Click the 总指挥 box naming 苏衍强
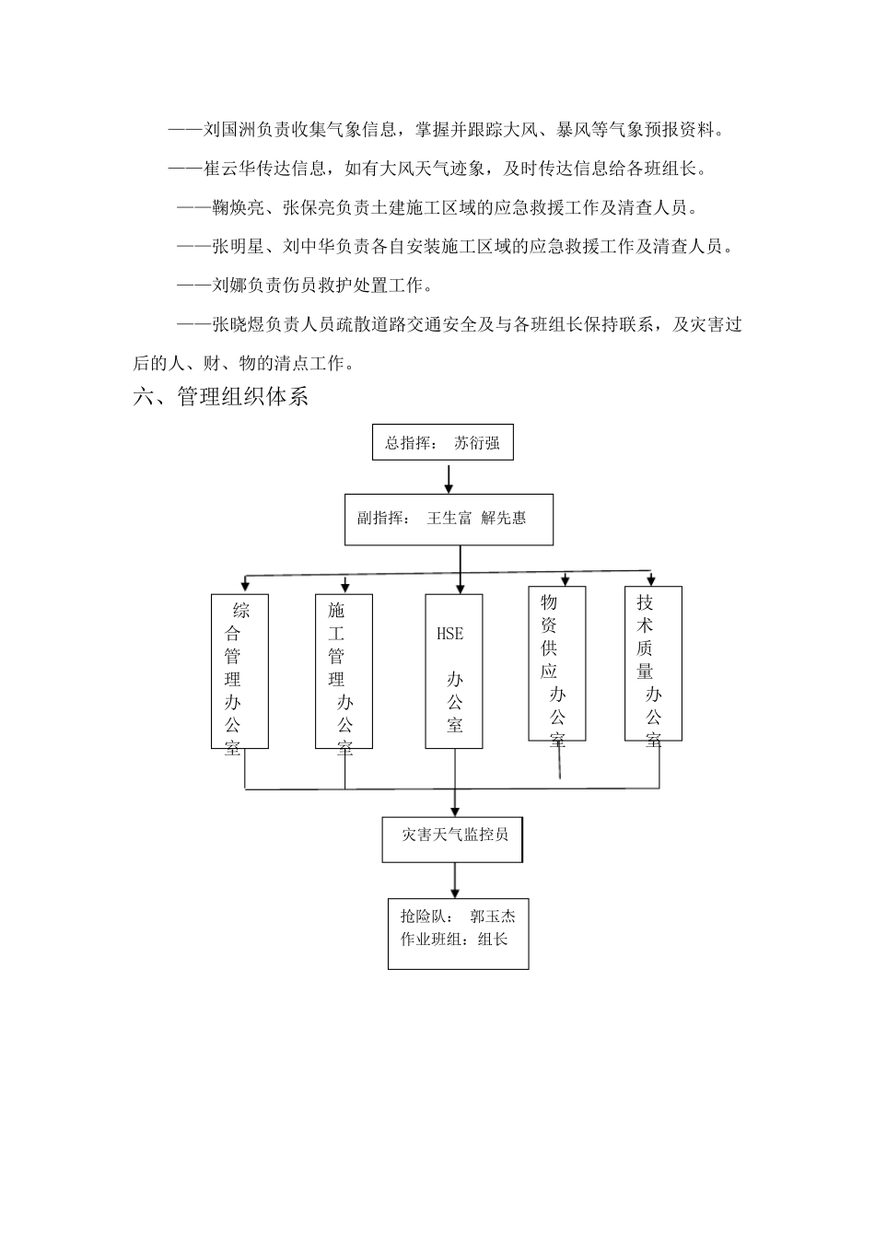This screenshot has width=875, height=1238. pos(442,443)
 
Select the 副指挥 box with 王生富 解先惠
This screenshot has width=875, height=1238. pos(449,519)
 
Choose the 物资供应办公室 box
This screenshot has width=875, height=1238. pos(557,663)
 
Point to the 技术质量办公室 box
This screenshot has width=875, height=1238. pos(653,663)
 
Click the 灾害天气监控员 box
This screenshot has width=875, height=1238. pos(453,837)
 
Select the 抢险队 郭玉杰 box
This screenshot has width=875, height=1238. pos(458,934)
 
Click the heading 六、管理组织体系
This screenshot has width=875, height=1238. pos(221,397)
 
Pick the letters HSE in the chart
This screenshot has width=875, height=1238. pos(449,634)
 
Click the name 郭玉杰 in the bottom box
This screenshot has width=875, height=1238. pos(492,917)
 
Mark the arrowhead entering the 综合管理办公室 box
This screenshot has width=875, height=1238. pos(243,583)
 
